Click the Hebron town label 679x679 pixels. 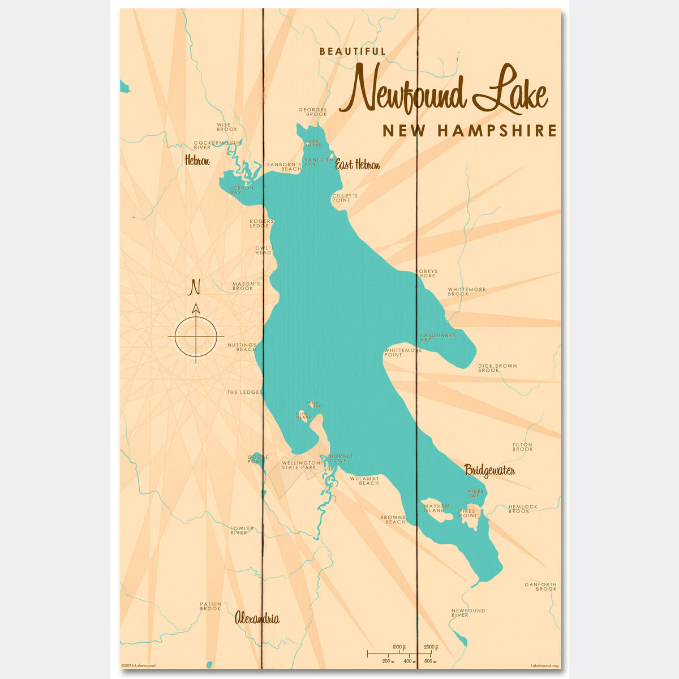(197, 161)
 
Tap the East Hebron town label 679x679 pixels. (357, 165)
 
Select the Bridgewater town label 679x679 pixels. (489, 470)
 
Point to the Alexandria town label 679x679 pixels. (257, 618)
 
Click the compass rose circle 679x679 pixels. (196, 337)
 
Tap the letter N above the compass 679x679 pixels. (195, 287)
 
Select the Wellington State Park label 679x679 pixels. (301, 465)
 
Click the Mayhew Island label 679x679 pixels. (436, 508)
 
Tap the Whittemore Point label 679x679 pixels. (403, 353)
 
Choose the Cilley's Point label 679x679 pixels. (345, 198)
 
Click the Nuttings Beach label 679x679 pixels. (242, 347)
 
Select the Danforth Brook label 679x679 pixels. (540, 586)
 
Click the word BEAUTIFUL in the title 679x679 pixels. (353, 51)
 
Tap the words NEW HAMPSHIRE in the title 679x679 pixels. (470, 131)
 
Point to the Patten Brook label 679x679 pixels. (210, 606)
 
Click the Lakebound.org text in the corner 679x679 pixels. (545, 666)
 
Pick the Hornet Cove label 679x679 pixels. (341, 458)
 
